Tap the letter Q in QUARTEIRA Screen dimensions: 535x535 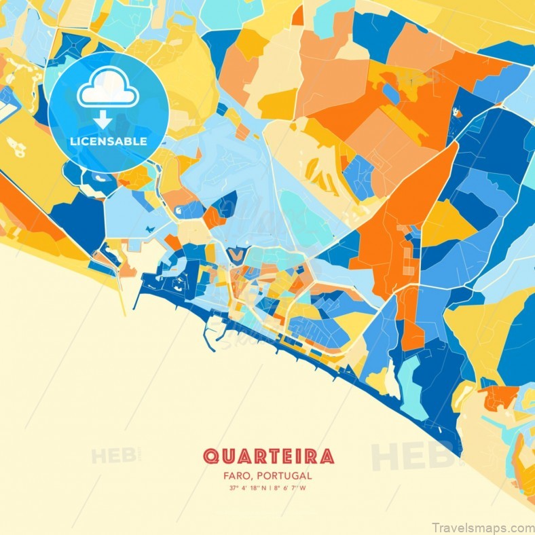pos(211,456)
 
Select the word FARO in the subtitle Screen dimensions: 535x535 pos(237,476)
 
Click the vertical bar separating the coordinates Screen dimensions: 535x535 pos(270,488)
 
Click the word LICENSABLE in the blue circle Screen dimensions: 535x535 pos(107,141)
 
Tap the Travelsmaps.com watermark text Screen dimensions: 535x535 pos(481,525)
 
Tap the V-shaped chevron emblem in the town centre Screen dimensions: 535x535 pos(236,255)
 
